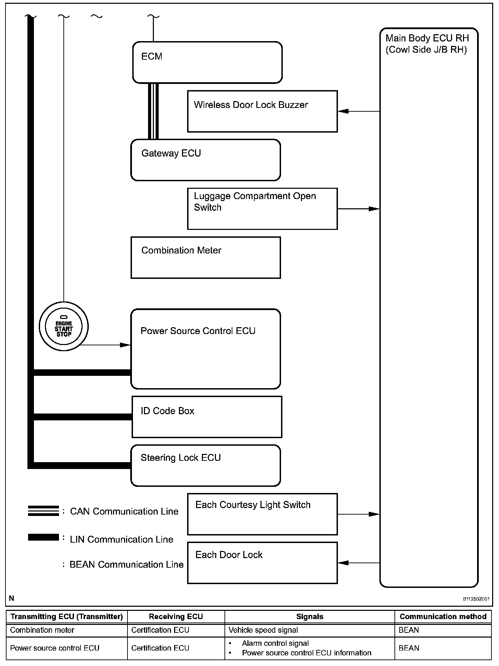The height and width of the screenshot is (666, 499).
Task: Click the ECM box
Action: point(207,62)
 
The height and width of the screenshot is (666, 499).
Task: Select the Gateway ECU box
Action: point(206,160)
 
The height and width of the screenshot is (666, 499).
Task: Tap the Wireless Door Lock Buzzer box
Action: point(262,111)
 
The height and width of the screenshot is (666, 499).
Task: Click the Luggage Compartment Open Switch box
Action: point(262,209)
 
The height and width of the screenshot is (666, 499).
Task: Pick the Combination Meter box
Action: point(206,257)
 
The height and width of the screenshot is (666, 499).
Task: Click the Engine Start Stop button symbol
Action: point(64,326)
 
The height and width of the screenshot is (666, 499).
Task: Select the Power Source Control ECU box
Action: point(206,349)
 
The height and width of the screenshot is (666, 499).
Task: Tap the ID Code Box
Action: point(207,417)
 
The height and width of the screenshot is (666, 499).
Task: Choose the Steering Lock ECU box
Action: point(206,465)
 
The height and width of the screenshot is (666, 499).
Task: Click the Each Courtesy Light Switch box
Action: point(262,514)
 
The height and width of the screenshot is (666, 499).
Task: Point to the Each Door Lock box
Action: point(262,563)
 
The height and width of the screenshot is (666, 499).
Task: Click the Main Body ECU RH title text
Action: point(427,44)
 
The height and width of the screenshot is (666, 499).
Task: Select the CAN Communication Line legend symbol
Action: point(43,511)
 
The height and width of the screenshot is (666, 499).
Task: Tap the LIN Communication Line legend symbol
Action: point(43,537)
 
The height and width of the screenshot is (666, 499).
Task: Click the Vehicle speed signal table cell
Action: point(263,630)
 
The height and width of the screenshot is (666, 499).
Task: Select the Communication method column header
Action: point(443,617)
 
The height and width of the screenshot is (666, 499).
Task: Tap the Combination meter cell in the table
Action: point(42,630)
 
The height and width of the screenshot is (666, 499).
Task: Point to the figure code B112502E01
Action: point(476,599)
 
